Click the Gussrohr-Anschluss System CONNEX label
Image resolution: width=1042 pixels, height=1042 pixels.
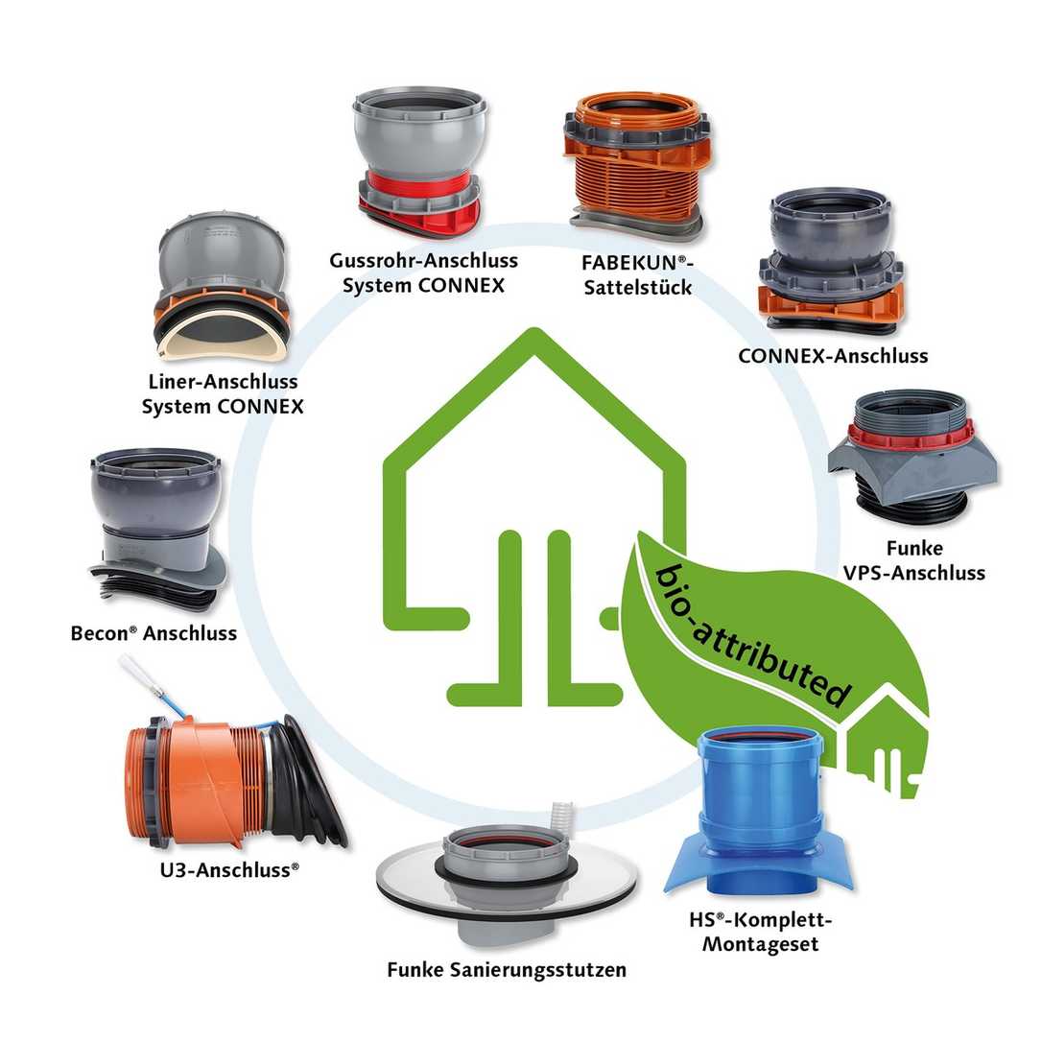point(423,273)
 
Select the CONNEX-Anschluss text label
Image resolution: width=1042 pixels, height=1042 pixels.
point(833,356)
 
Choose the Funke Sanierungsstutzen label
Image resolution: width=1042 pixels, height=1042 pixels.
point(507,970)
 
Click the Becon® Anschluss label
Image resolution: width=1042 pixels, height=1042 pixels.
point(154,634)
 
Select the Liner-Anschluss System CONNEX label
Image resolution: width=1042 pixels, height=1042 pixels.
point(223,394)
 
